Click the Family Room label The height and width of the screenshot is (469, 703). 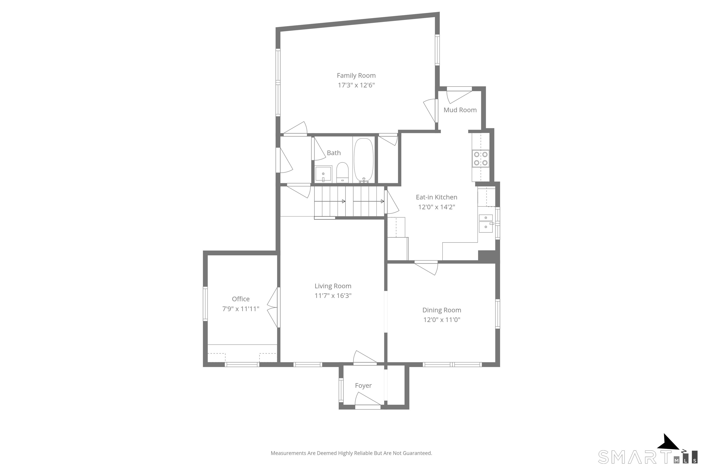click(356, 76)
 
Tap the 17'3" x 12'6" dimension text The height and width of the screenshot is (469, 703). click(356, 85)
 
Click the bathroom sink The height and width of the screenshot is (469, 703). click(323, 174)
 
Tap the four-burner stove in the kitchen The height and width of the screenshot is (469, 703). click(481, 158)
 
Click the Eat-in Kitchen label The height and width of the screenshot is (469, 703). click(436, 197)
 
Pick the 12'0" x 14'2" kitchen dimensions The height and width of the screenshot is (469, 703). click(436, 207)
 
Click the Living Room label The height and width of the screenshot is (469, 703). click(333, 286)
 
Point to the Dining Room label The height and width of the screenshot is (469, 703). click(441, 310)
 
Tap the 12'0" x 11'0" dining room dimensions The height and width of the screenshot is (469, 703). click(441, 320)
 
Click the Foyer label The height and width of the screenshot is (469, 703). click(363, 386)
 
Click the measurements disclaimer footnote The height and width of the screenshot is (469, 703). click(351, 453)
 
